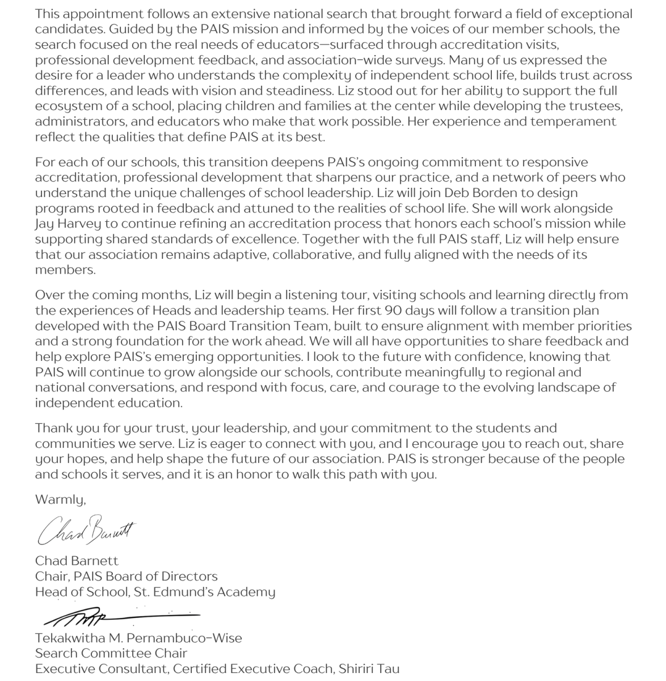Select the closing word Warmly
coord(60,500)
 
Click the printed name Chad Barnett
coord(77,561)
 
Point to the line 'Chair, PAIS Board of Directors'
coord(126,577)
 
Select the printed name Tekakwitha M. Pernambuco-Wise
coord(138,638)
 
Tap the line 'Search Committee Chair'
coord(111,653)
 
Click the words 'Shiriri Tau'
coord(369,669)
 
